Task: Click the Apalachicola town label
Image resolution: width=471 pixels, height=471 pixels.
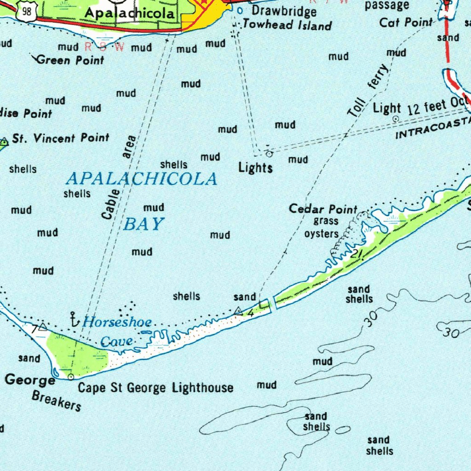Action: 130,13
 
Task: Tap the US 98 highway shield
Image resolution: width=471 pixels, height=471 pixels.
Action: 26,12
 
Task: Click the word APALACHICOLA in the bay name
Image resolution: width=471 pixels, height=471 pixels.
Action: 142,178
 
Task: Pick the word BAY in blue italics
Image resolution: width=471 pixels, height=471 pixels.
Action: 144,224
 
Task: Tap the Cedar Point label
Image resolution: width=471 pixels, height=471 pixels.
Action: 323,209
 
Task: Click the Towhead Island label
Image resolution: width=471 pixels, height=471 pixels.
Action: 287,25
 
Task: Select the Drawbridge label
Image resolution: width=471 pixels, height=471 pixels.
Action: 284,11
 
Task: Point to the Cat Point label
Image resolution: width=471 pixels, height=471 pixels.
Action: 406,22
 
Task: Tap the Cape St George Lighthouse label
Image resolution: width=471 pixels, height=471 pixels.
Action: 155,387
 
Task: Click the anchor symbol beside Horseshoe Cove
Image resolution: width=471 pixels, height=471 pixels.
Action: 72,318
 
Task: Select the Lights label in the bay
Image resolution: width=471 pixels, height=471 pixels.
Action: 255,168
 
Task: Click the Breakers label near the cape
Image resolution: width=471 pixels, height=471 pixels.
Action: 57,401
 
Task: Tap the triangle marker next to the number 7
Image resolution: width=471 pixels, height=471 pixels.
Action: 43,327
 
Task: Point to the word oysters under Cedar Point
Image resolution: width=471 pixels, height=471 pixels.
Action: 322,234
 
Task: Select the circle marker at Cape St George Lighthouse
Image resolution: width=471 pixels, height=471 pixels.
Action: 71,377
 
